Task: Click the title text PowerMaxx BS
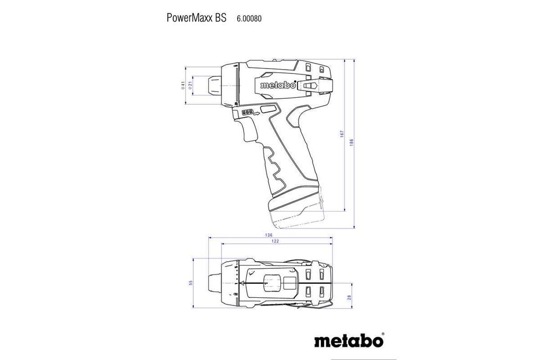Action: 197,17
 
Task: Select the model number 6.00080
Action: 249,18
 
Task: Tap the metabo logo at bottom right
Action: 349,341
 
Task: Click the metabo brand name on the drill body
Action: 278,85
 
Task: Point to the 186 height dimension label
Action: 352,141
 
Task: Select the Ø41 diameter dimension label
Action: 184,85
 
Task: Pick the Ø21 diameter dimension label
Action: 191,85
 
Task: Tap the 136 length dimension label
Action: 268,235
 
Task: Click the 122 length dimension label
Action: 275,241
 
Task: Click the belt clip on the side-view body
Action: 313,85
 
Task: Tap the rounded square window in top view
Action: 272,283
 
